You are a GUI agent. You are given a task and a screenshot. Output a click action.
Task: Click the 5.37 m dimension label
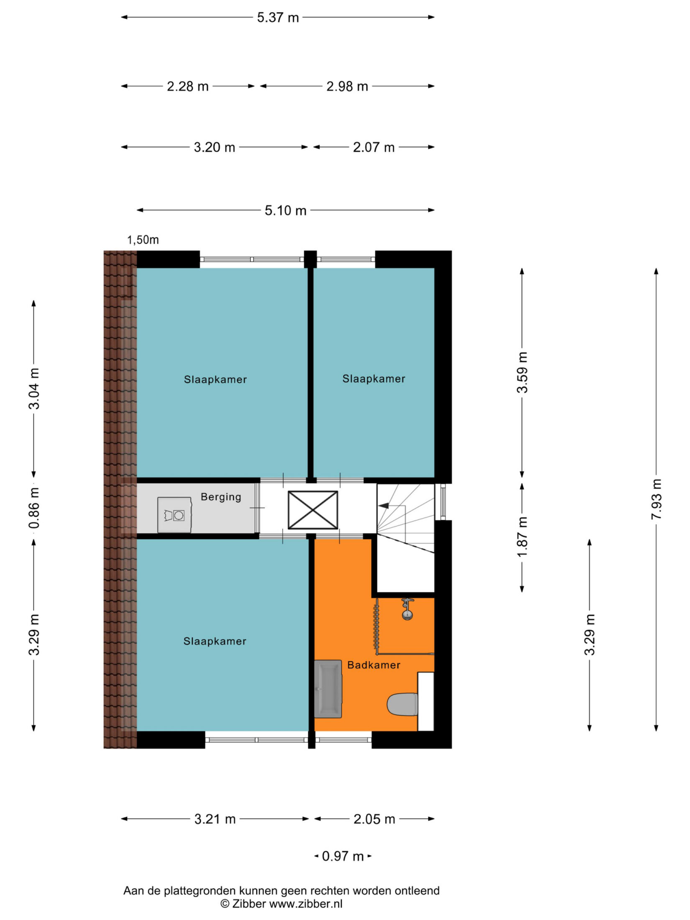278,18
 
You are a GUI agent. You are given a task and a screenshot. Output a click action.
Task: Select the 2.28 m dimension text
188,87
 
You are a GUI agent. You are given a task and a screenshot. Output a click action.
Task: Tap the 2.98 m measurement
347,87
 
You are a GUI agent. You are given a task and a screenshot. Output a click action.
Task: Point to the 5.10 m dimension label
286,210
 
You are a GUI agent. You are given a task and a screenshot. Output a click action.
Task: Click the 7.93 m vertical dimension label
656,499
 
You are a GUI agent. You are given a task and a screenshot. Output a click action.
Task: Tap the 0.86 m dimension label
34,508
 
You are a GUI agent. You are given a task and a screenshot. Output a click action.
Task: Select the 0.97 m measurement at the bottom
343,856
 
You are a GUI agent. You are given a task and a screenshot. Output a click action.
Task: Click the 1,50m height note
143,240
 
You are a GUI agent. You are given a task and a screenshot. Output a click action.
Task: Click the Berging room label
221,497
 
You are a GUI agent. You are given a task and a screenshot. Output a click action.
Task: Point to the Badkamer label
374,665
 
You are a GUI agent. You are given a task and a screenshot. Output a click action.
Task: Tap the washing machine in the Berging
174,515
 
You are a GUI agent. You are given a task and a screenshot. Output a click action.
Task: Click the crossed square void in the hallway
313,510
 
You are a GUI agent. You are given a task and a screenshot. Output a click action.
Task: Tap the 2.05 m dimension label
374,819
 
